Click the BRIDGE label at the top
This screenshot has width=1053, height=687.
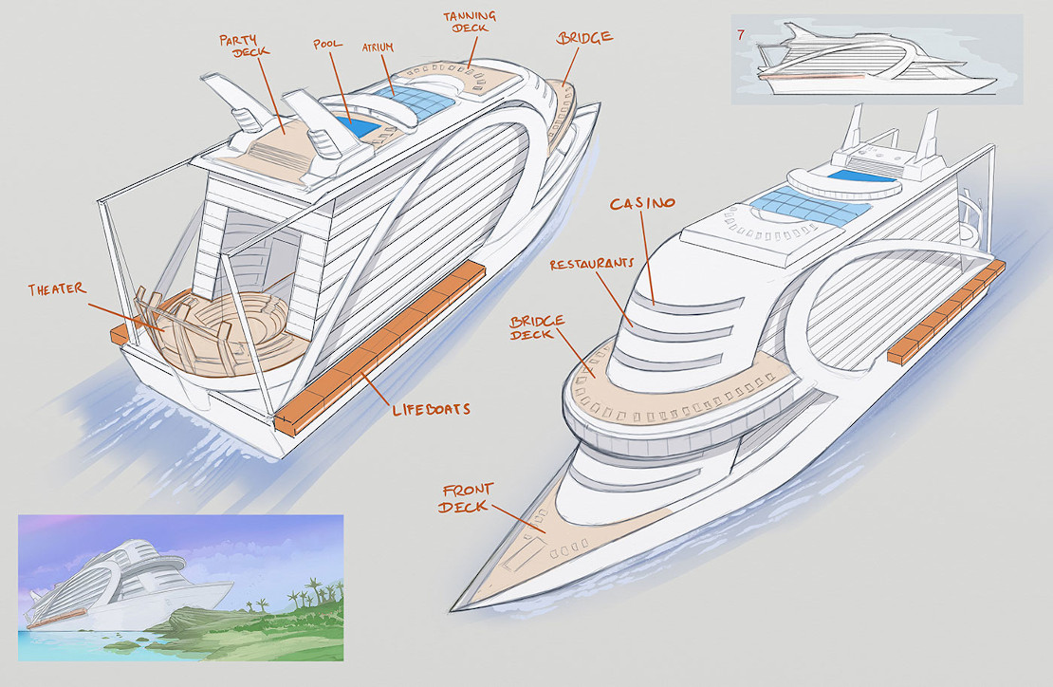(x=583, y=39)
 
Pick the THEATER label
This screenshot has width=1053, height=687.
(x=56, y=288)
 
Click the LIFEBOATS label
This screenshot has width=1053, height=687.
(x=432, y=410)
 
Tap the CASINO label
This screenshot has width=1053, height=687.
(x=643, y=203)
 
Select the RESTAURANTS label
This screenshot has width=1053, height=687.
(x=591, y=265)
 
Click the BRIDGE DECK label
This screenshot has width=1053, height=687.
(x=538, y=328)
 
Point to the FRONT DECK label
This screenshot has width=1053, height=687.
(x=464, y=498)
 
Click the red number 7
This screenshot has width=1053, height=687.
(x=740, y=35)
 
